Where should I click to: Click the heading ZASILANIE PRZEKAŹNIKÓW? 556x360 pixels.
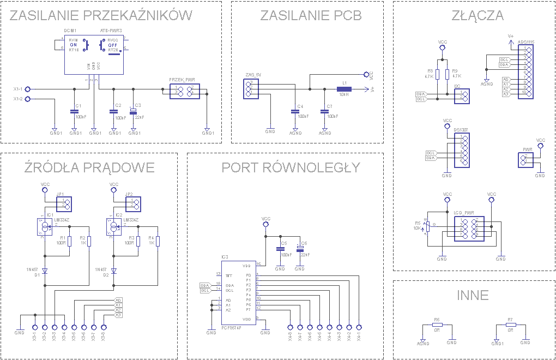(x=101, y=16)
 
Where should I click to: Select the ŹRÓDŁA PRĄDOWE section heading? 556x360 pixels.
(x=90, y=167)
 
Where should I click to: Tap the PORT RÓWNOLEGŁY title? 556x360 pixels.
(x=291, y=167)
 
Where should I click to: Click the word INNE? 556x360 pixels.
(x=473, y=295)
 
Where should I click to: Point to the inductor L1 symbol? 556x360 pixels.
(x=344, y=89)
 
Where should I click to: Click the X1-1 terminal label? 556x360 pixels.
(x=18, y=89)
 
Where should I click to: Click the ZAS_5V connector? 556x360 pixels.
(x=251, y=88)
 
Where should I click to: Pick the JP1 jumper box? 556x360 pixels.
(x=64, y=205)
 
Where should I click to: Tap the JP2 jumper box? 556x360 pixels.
(x=133, y=205)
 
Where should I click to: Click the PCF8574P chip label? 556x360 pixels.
(x=232, y=328)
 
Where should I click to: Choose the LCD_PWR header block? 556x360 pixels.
(x=469, y=229)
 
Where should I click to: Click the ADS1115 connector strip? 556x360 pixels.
(x=528, y=70)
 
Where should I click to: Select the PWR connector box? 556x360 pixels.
(x=525, y=160)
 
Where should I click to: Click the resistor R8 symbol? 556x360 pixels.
(x=438, y=74)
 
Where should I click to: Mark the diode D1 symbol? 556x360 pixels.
(x=45, y=271)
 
